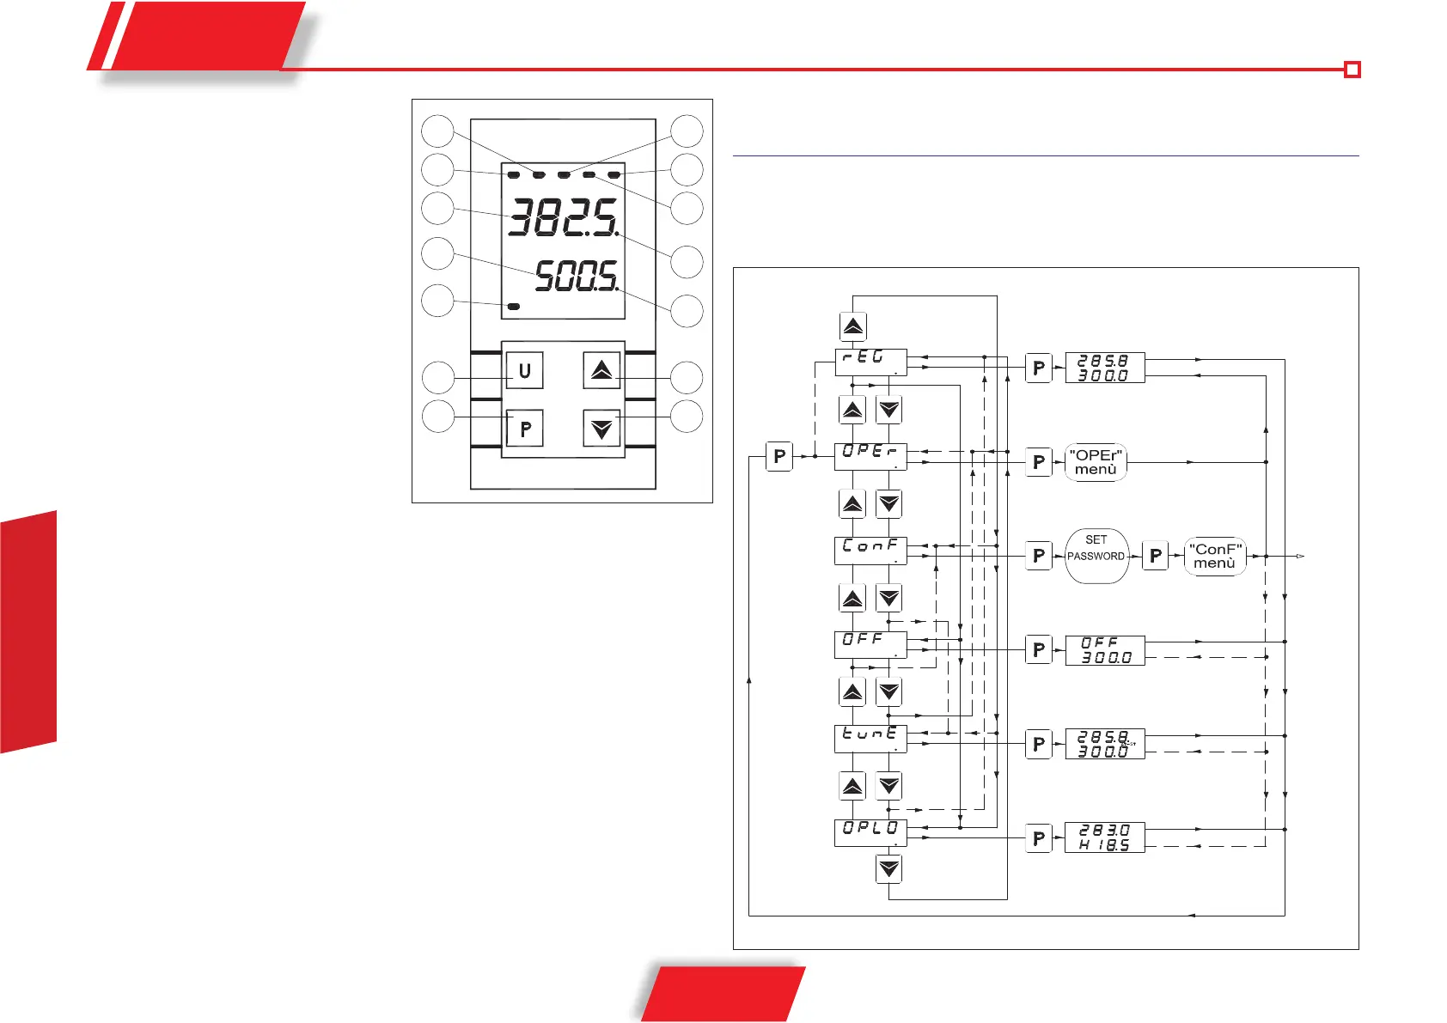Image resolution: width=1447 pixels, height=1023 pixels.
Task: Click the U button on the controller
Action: point(524,371)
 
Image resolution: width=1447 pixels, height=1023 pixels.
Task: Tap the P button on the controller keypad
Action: point(524,428)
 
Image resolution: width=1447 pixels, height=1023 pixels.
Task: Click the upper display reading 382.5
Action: point(563,218)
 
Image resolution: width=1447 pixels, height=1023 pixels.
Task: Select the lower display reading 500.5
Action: point(576,277)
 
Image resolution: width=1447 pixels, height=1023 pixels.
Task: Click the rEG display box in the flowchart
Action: point(870,362)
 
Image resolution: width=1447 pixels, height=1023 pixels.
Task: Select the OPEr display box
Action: point(870,456)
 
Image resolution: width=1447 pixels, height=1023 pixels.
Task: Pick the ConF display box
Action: point(870,551)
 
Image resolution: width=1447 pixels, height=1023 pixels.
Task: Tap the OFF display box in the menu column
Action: point(870,644)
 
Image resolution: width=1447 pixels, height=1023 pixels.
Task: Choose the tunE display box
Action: point(870,739)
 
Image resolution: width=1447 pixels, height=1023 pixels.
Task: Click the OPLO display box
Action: point(870,832)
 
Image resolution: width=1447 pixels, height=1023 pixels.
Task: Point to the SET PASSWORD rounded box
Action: point(1096,556)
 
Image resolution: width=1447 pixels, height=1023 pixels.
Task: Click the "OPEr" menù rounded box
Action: point(1096,462)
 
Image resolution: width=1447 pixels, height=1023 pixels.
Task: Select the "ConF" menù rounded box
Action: point(1215,556)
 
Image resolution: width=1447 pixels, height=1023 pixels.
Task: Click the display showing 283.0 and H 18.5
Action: point(1105,837)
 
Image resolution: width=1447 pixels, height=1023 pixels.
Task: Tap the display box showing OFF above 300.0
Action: point(1105,650)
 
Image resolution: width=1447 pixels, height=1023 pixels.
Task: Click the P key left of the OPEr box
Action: point(778,456)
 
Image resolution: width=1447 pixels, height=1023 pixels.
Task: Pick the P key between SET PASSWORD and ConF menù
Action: point(1156,556)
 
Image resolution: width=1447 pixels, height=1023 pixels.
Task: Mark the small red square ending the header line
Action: point(1352,70)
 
